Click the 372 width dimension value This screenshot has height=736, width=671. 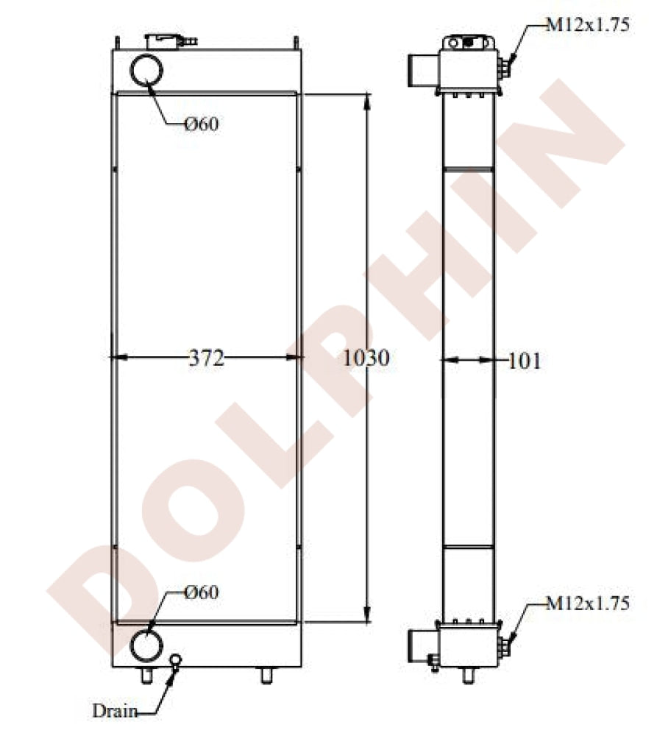[205, 359]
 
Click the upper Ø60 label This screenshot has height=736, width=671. [202, 124]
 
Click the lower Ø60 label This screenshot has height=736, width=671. [202, 592]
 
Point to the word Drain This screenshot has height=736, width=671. [114, 711]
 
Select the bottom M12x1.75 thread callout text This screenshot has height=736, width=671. [587, 604]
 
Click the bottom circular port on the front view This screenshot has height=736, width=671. [146, 645]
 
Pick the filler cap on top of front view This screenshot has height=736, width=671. [166, 40]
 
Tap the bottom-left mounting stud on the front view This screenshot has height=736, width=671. [146, 675]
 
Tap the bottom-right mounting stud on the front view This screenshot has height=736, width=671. [266, 675]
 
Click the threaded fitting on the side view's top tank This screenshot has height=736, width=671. [504, 68]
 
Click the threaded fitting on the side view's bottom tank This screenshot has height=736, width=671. [504, 647]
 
